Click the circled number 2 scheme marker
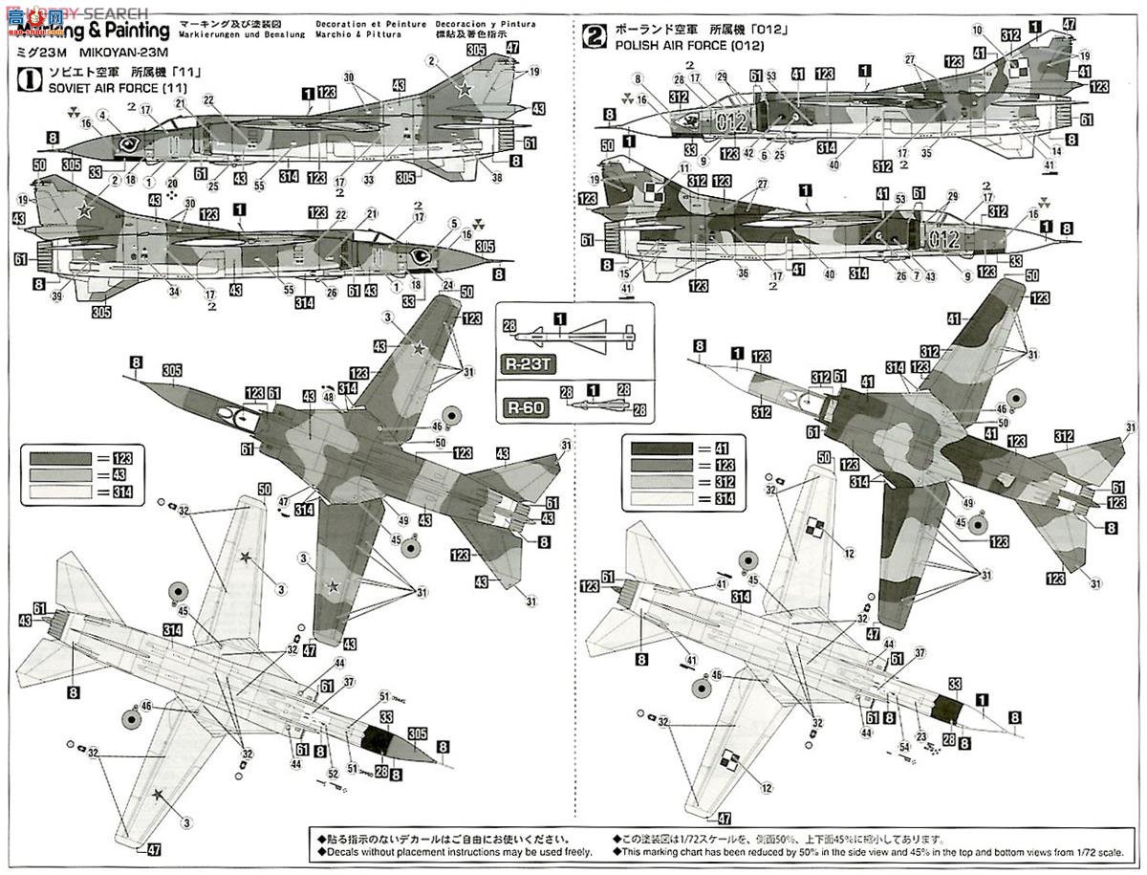[595, 36]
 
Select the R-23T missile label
[526, 364]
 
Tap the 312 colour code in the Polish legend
[725, 482]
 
